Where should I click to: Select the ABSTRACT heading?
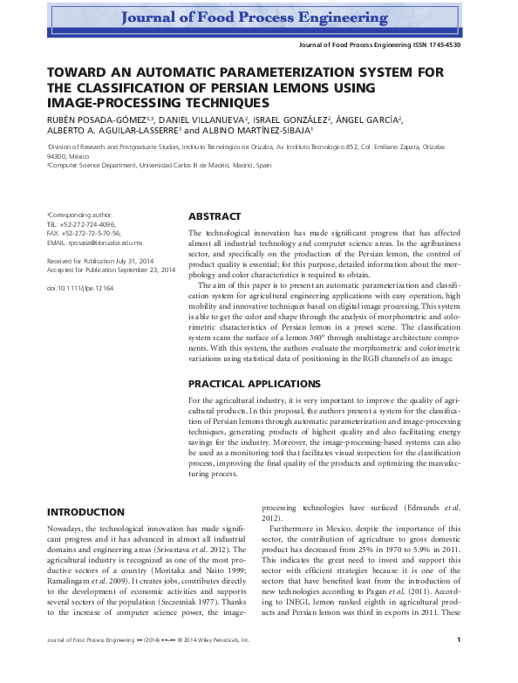(215, 216)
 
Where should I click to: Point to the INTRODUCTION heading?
(85, 511)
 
